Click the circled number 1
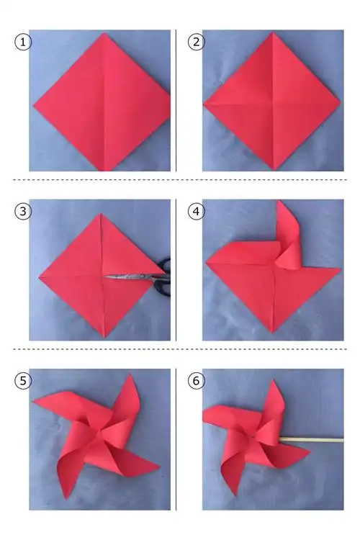click(x=23, y=42)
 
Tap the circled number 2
click(x=196, y=42)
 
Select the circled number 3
click(x=23, y=211)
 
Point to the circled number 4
click(x=196, y=211)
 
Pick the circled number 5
click(x=23, y=381)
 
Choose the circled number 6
click(x=196, y=381)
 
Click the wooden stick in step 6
click(x=312, y=440)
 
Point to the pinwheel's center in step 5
click(x=100, y=435)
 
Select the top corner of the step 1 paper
click(x=104, y=33)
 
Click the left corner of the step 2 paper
click(x=204, y=104)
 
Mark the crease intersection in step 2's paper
click(x=273, y=102)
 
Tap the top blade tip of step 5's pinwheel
click(x=130, y=374)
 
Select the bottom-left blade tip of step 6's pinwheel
click(x=235, y=495)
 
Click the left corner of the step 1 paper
click(x=34, y=105)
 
